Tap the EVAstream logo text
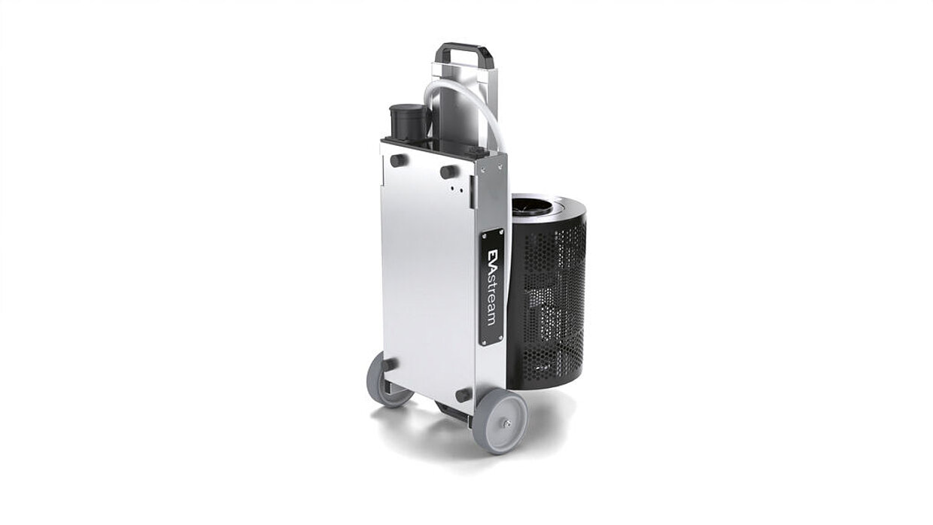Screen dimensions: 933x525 [x=491, y=287]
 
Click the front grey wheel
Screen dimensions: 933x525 [x=499, y=422]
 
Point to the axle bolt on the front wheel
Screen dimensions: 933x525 [x=506, y=424]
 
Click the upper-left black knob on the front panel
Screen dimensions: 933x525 [x=399, y=160]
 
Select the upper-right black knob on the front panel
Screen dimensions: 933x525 [x=449, y=172]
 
